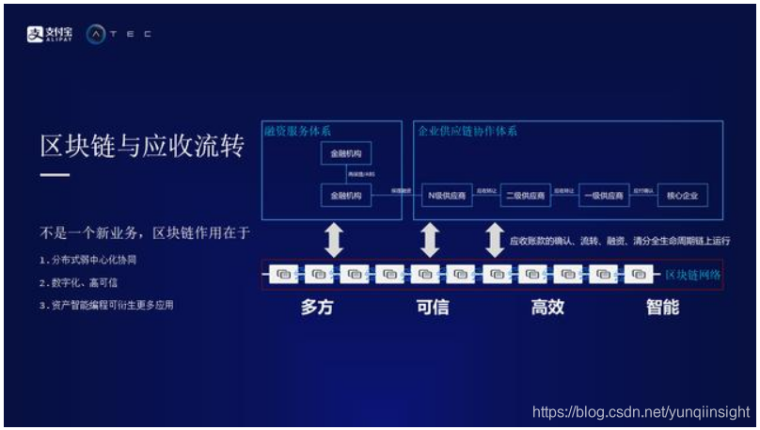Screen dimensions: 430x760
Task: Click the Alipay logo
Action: click(x=51, y=34)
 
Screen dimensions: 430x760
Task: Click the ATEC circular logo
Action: click(x=96, y=34)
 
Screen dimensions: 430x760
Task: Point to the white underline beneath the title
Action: click(x=55, y=175)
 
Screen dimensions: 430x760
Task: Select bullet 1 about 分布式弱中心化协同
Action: click(x=87, y=259)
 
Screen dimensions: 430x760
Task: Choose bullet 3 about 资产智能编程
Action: click(x=106, y=305)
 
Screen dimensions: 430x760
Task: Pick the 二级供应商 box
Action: click(x=524, y=196)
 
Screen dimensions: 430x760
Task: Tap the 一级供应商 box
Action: click(x=602, y=196)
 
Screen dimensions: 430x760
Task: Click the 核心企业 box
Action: click(x=681, y=196)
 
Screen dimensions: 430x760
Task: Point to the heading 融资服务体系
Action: click(x=299, y=131)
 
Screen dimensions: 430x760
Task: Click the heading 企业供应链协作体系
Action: click(x=467, y=131)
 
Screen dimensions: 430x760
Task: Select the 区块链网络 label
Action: click(x=693, y=275)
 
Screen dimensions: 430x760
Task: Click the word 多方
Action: click(x=317, y=308)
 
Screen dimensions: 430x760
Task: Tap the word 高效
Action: click(x=546, y=308)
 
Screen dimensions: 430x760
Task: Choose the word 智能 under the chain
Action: click(x=662, y=308)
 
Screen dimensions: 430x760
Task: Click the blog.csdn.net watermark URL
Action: click(x=641, y=412)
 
